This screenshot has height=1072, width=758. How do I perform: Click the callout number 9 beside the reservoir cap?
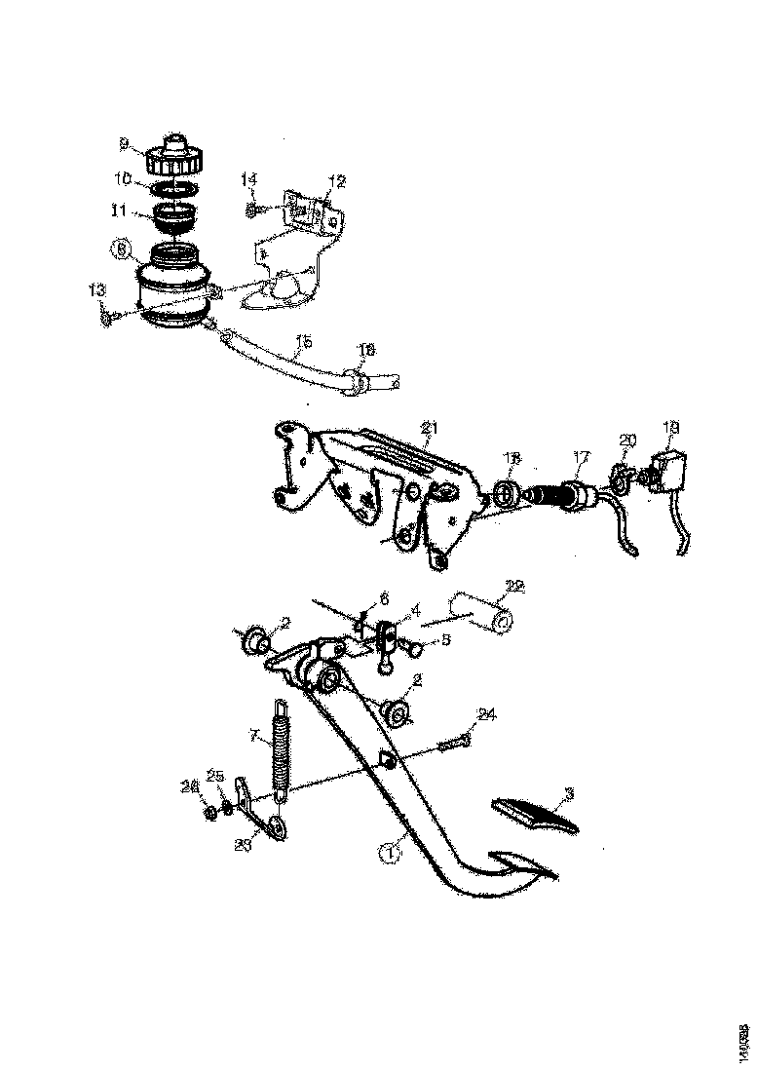pos(125,144)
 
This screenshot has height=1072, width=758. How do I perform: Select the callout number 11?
pos(118,208)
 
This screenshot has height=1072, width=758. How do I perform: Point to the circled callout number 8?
pos(120,250)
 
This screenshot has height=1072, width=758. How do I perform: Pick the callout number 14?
pos(249,179)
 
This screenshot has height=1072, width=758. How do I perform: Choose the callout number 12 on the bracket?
pos(337,180)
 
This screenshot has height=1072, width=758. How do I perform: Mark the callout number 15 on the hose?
pos(304,342)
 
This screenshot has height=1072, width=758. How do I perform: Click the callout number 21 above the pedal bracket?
pos(432,427)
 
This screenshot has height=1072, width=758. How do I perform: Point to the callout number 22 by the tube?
pos(514,586)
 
